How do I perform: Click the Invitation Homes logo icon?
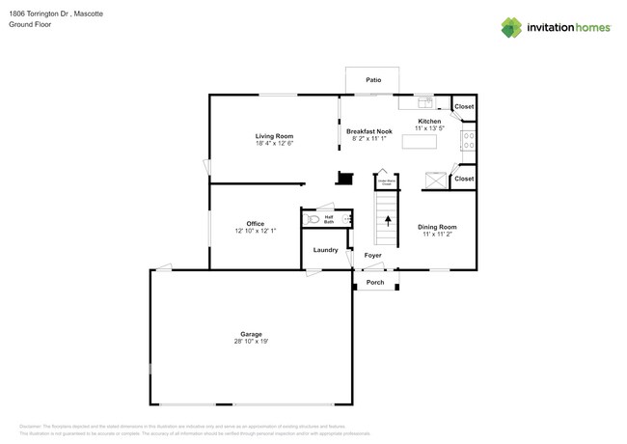click(x=511, y=28)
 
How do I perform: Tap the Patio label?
click(x=373, y=80)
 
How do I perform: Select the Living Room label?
click(x=274, y=136)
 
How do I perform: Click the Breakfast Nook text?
click(x=369, y=131)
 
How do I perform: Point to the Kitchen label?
click(x=429, y=121)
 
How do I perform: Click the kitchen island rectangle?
click(x=420, y=142)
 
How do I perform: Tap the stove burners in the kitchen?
click(x=469, y=141)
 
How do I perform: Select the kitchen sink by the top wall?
click(x=425, y=102)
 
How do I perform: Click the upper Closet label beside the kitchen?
click(x=464, y=106)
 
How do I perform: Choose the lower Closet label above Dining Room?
click(x=464, y=179)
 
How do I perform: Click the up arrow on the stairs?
click(x=388, y=220)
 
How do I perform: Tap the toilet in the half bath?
click(x=313, y=219)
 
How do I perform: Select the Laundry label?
click(x=326, y=250)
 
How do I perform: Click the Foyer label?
click(x=372, y=256)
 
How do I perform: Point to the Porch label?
click(x=375, y=283)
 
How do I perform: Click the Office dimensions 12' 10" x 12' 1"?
click(x=255, y=231)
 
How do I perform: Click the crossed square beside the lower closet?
click(x=436, y=180)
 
